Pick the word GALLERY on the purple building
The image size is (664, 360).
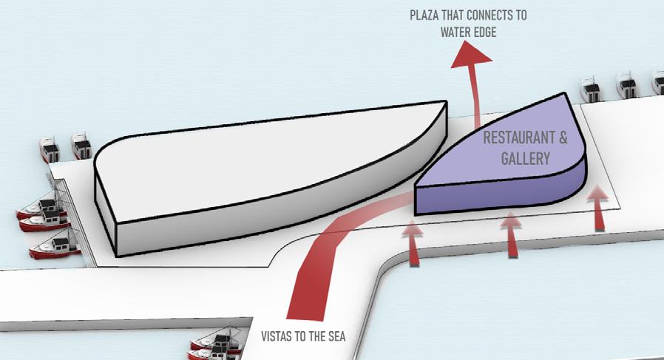coord(526,157)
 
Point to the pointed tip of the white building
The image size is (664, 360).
coord(446,103)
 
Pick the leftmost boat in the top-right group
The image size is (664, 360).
coord(592,89)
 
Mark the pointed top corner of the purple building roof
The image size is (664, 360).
coord(566,94)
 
